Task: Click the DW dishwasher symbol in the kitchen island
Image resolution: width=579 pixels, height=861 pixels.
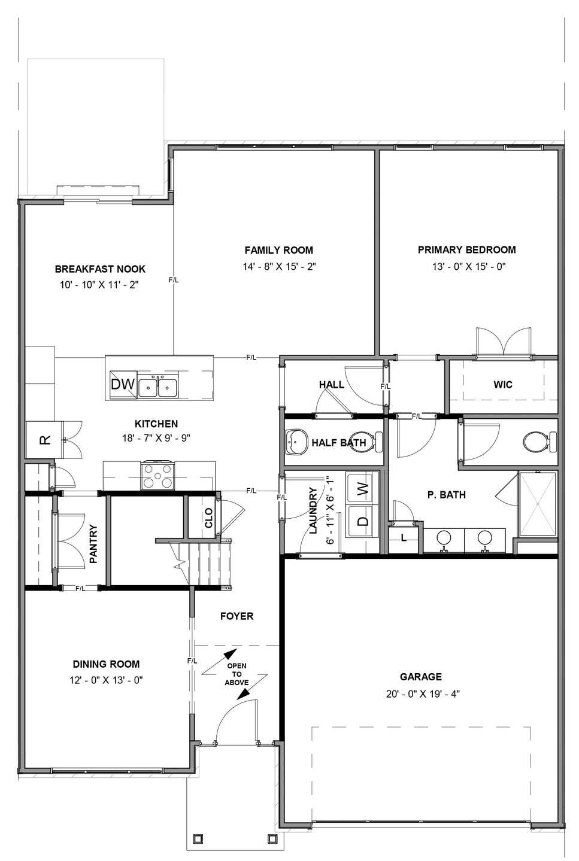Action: coord(123,384)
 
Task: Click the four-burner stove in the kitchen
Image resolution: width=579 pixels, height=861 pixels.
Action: coord(157,477)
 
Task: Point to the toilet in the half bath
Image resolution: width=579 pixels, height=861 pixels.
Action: coord(365,442)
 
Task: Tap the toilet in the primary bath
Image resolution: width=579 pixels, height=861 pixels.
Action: coord(536,442)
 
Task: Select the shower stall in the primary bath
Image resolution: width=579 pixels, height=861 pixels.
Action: coord(537,504)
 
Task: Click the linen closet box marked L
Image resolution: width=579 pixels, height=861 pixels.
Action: coord(404,537)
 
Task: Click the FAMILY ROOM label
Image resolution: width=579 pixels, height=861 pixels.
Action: coord(278,250)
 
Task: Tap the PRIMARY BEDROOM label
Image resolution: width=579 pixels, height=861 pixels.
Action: coord(466,250)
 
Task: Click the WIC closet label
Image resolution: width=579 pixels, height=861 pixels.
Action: coord(503,384)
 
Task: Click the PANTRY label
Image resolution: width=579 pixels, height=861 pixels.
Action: coord(93,544)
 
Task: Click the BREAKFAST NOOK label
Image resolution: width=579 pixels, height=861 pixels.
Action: coord(100,269)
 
